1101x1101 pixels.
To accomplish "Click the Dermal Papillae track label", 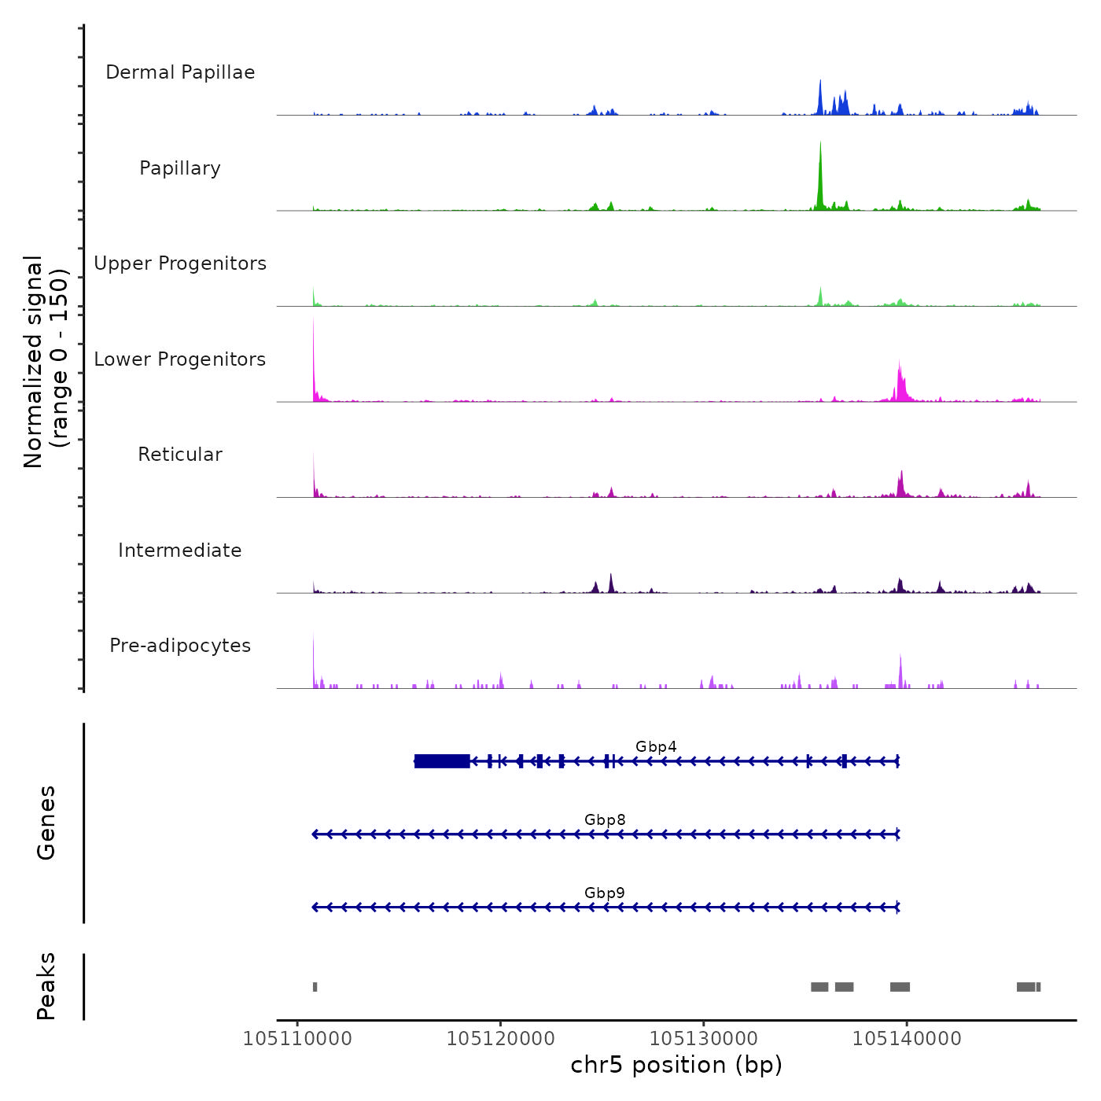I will click(x=180, y=72).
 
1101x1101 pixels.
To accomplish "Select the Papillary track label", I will click(x=180, y=168).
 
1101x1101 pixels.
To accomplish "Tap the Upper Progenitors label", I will click(x=180, y=263).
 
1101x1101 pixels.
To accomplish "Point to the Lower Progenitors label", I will click(x=180, y=359).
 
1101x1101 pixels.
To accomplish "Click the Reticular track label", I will click(x=180, y=455).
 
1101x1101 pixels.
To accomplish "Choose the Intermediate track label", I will click(x=180, y=550).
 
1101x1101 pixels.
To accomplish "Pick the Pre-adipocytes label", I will click(x=180, y=646).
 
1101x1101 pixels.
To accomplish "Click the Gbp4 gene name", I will click(x=656, y=746).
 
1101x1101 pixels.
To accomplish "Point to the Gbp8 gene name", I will click(x=605, y=819).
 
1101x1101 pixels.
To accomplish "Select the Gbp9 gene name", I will click(x=605, y=893).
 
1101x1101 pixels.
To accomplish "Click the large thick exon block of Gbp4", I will click(x=442, y=760).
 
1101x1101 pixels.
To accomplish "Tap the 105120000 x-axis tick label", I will click(x=500, y=1039).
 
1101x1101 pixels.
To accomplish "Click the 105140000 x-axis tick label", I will click(x=907, y=1039).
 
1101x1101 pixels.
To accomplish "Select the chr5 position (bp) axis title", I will click(x=676, y=1065).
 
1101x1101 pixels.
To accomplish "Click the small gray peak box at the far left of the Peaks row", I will click(x=315, y=987).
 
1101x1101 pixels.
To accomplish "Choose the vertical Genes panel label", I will click(x=46, y=823).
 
